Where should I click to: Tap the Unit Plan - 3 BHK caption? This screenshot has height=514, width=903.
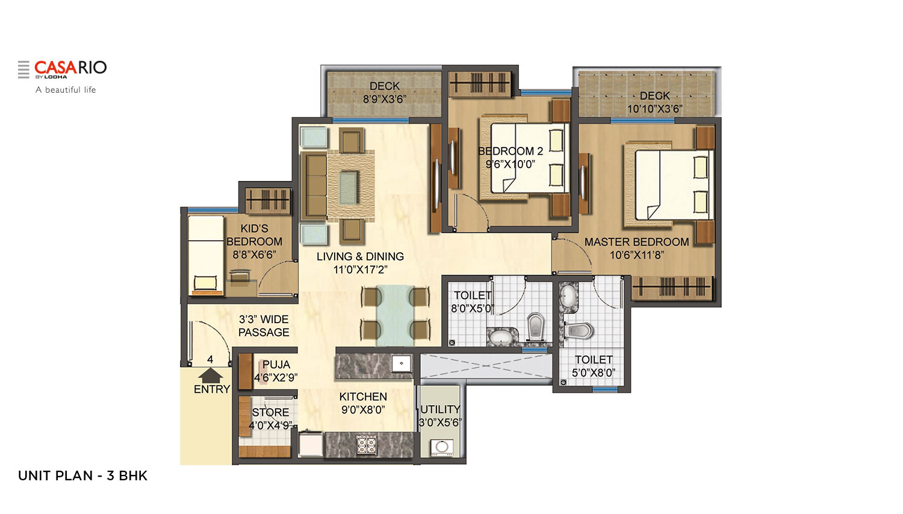click(x=82, y=475)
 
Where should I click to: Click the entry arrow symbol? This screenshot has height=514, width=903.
click(x=211, y=376)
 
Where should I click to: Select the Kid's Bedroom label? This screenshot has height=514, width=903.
click(x=254, y=235)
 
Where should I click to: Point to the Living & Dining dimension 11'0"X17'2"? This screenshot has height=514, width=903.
click(x=360, y=270)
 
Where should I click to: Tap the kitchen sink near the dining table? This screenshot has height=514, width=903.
click(x=402, y=364)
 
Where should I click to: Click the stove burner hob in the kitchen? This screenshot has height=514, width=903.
click(x=366, y=445)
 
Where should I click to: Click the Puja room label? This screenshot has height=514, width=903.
click(x=276, y=365)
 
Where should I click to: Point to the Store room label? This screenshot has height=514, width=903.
click(x=270, y=412)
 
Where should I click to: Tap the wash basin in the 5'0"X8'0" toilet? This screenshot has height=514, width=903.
click(x=567, y=296)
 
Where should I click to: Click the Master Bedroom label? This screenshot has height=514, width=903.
click(x=636, y=242)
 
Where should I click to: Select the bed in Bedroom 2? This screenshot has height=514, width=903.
click(x=527, y=158)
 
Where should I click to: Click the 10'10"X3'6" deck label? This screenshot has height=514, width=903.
click(x=654, y=102)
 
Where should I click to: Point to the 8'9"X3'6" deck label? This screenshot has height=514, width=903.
click(x=385, y=93)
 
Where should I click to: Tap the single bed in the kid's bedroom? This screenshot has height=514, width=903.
click(x=206, y=256)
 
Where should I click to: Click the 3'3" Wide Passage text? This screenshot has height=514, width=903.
click(x=264, y=326)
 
